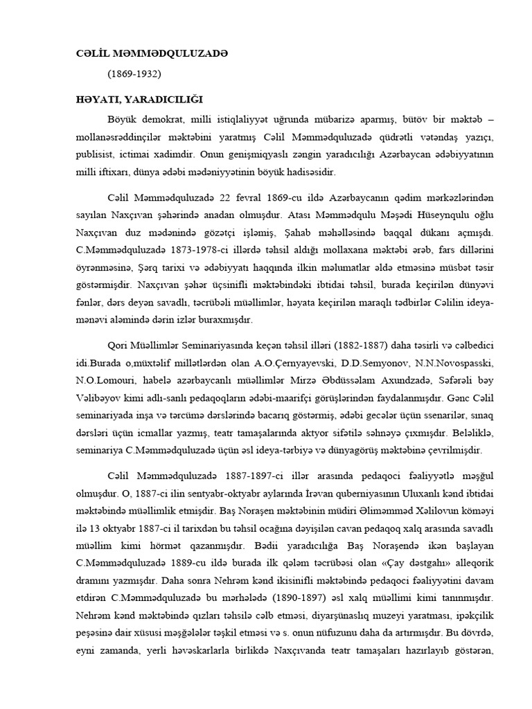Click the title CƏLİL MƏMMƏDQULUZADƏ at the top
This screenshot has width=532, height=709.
(x=152, y=53)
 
